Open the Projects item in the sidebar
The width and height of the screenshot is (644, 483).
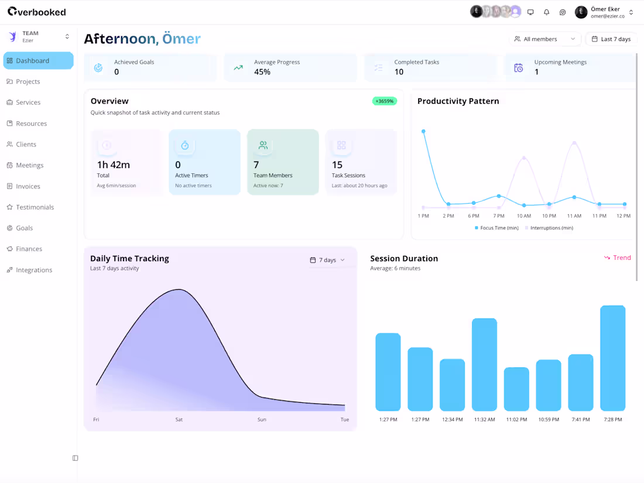pyautogui.click(x=28, y=81)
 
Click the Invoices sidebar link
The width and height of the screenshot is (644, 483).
pyautogui.click(x=28, y=186)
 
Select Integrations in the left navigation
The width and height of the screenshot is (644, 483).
pyautogui.click(x=33, y=270)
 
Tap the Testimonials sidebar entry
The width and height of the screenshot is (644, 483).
pyautogui.click(x=35, y=207)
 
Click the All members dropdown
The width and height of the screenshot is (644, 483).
pyautogui.click(x=545, y=39)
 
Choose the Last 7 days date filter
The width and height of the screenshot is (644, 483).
pyautogui.click(x=611, y=39)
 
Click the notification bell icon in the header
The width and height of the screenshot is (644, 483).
pyautogui.click(x=547, y=12)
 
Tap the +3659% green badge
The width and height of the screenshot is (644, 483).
pyautogui.click(x=385, y=101)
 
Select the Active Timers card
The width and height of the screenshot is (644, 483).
pyautogui.click(x=204, y=162)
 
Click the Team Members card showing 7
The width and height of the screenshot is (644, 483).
pyautogui.click(x=283, y=162)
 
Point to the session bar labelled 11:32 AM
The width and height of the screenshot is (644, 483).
pyautogui.click(x=484, y=364)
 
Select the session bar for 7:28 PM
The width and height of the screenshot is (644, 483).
pyautogui.click(x=612, y=358)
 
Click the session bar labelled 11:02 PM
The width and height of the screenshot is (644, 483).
pyautogui.click(x=516, y=389)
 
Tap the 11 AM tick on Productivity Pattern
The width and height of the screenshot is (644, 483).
pyautogui.click(x=574, y=216)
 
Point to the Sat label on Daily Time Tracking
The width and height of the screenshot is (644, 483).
pyautogui.click(x=179, y=420)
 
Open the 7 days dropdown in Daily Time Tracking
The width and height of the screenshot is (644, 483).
pyautogui.click(x=327, y=260)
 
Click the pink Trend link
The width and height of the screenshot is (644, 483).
pyautogui.click(x=618, y=258)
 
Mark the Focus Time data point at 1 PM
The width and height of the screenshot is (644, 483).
pyautogui.click(x=423, y=131)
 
